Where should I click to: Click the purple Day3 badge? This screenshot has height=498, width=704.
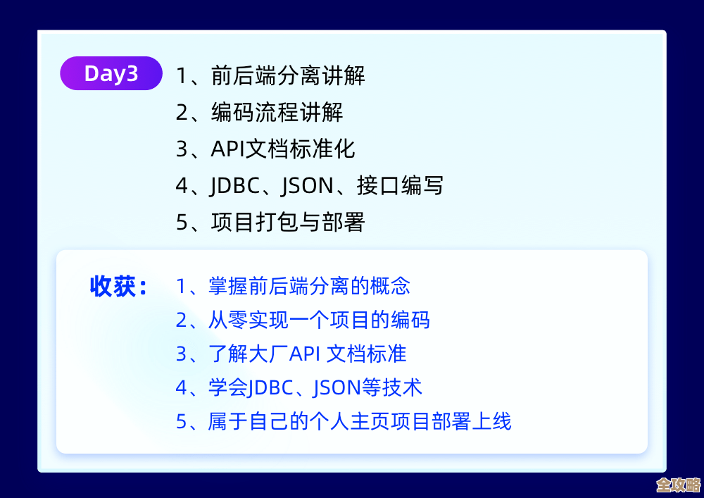coord(111,73)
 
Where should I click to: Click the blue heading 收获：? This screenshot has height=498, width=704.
coord(118,287)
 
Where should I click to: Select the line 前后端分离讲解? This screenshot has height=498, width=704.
coord(288,75)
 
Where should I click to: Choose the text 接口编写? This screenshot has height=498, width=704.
coord(400,186)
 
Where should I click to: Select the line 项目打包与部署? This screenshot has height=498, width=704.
coord(288,223)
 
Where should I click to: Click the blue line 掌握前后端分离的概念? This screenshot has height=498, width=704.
coord(309,286)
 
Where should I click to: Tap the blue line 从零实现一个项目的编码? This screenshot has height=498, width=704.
coord(319,320)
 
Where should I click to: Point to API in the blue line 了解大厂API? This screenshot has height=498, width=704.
coord(305,354)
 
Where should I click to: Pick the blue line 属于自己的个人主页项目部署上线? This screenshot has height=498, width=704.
coord(360,421)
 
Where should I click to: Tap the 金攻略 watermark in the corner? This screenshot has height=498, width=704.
coord(677,485)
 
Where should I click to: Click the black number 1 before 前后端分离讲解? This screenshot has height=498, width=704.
coord(182,76)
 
